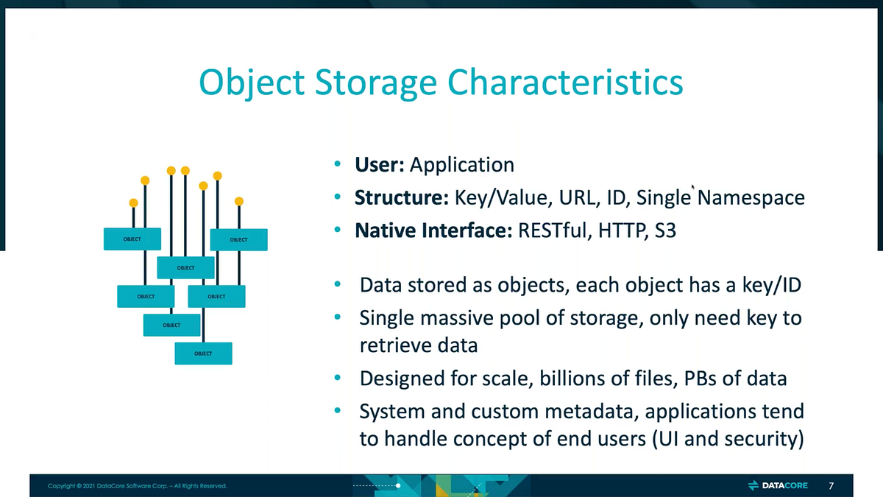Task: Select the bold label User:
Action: coord(380,165)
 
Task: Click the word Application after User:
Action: coord(461,165)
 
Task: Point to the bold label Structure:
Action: coord(402,198)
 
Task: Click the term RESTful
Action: coord(542,231)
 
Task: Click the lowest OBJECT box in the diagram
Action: coord(203,353)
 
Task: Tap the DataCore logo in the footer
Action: coord(778,485)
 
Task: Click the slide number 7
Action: coord(831,485)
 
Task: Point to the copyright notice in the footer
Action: coord(138,486)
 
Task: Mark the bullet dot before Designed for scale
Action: coord(337,379)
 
